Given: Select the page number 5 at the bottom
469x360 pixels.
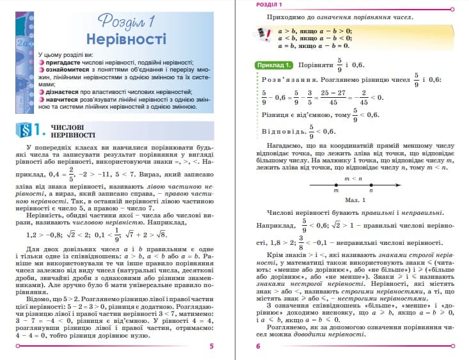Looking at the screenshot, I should [211, 346].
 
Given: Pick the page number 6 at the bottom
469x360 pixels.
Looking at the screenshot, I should [258, 346].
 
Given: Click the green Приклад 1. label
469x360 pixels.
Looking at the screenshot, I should [274, 65].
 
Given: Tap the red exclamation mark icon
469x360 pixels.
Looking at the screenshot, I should [262, 34].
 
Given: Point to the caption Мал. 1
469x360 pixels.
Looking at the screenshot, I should [353, 200].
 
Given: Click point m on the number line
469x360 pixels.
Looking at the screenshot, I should [336, 185].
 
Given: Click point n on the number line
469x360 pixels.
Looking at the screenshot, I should [371, 185].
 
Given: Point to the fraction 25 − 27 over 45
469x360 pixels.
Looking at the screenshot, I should [333, 97].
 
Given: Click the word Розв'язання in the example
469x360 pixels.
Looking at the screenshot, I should [285, 79].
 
